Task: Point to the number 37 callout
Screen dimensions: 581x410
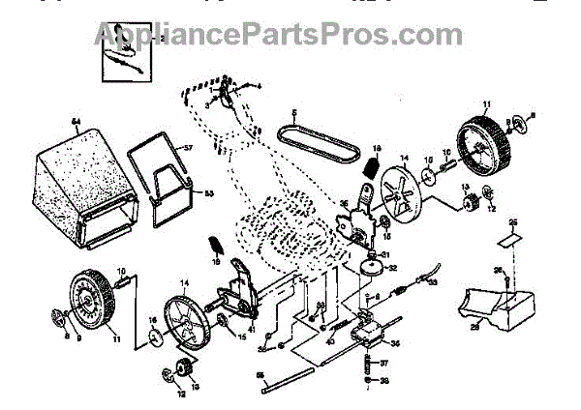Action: (x=383, y=364)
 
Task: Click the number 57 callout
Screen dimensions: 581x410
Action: (x=189, y=148)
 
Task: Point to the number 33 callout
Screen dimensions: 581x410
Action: (x=434, y=281)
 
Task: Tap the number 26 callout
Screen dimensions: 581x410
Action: (x=499, y=271)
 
